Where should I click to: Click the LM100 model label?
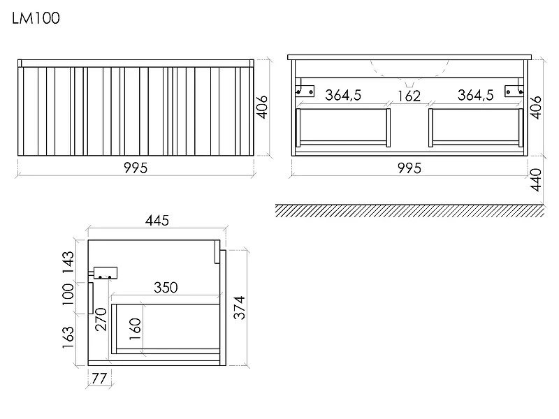pyautogui.click(x=36, y=18)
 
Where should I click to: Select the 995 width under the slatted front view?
pyautogui.click(x=136, y=168)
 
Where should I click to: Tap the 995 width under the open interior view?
pyautogui.click(x=409, y=168)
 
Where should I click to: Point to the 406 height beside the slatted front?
pyautogui.click(x=263, y=107)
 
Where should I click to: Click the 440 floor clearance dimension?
pyautogui.click(x=536, y=180)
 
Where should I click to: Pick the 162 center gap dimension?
pyautogui.click(x=409, y=96)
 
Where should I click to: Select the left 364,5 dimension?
pyautogui.click(x=343, y=95)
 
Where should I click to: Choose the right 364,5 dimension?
pyautogui.click(x=476, y=95)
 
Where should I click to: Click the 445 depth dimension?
pyautogui.click(x=157, y=221)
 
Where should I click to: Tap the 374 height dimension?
pyautogui.click(x=240, y=307)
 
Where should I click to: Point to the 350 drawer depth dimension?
pyautogui.click(x=166, y=288)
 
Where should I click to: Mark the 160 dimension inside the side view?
pyautogui.click(x=135, y=329)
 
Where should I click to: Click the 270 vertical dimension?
pyautogui.click(x=101, y=320)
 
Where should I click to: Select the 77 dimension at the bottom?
pyautogui.click(x=99, y=378)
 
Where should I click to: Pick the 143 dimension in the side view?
pyautogui.click(x=68, y=263)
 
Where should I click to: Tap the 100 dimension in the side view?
pyautogui.click(x=68, y=294)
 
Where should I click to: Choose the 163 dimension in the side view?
pyautogui.click(x=68, y=337)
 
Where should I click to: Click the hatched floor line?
pyautogui.click(x=410, y=211)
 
